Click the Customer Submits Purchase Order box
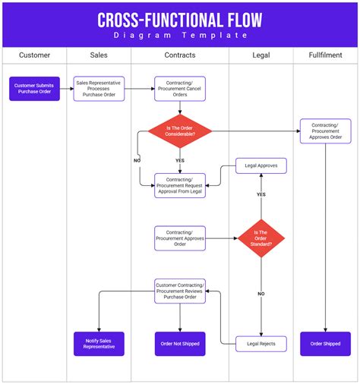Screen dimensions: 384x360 (34, 89)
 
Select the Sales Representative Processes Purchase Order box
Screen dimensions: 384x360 (99, 89)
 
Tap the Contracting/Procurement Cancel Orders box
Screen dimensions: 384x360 (180, 89)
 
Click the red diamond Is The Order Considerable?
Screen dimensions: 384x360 (180, 131)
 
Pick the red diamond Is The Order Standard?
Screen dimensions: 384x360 (261, 238)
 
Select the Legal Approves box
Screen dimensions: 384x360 (261, 165)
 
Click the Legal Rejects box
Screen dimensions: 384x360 (261, 344)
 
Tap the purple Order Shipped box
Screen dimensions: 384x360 (325, 344)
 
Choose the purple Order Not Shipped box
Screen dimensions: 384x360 (180, 344)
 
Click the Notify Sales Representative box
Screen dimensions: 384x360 (99, 344)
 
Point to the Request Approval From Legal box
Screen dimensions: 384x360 (180, 185)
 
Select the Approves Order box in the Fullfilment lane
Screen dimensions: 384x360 (325, 131)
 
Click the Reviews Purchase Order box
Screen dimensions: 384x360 (180, 291)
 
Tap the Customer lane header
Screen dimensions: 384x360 (34, 55)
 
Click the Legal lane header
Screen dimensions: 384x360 (261, 55)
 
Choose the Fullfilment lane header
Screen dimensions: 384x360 (325, 55)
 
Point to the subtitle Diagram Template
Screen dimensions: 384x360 (180, 36)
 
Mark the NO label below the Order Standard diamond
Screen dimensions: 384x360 (261, 293)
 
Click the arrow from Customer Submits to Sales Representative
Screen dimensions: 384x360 (66, 89)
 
